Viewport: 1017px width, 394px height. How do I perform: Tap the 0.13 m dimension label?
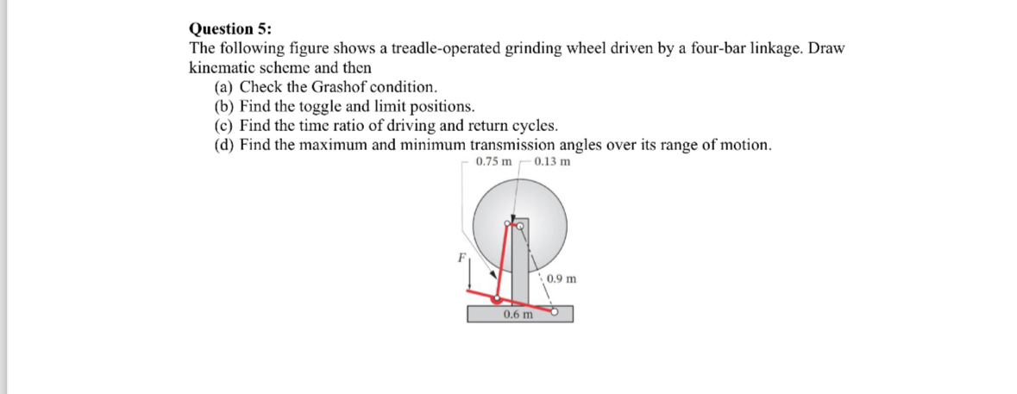pyautogui.click(x=551, y=161)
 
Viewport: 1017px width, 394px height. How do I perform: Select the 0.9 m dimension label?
pyautogui.click(x=561, y=278)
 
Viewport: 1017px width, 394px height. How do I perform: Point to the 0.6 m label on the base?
pyautogui.click(x=518, y=315)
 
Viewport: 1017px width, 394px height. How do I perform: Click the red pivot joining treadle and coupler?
pyautogui.click(x=497, y=299)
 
